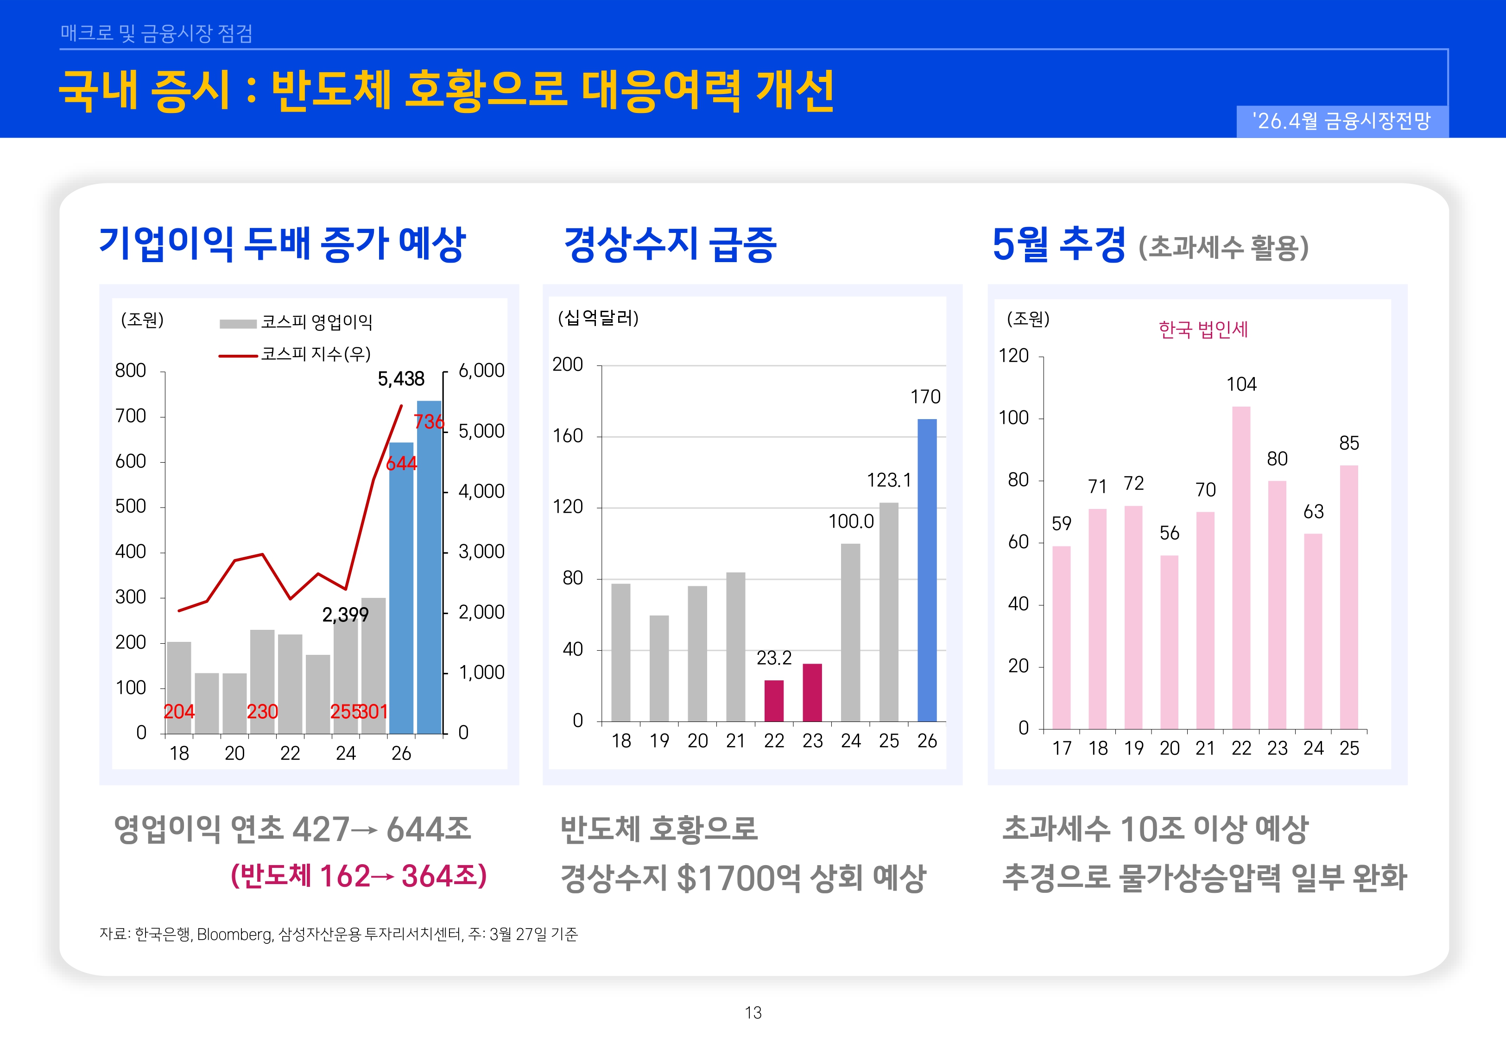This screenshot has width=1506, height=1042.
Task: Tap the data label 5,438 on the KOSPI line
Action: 401,379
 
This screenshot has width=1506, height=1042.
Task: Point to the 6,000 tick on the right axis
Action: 481,370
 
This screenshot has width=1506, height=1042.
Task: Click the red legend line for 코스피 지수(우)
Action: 238,356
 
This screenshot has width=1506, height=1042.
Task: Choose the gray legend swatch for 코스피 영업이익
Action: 238,324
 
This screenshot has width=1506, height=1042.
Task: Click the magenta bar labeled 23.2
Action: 774,701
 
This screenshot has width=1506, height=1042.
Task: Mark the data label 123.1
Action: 888,481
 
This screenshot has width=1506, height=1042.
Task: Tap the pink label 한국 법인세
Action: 1203,330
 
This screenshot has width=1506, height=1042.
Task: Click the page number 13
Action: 753,1013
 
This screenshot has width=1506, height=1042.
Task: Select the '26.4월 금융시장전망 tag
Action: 1341,121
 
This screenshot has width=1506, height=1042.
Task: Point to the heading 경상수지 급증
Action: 670,244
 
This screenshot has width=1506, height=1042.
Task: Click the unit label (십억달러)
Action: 598,318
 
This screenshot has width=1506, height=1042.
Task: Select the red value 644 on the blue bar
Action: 401,464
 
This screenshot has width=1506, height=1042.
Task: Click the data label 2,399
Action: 346,615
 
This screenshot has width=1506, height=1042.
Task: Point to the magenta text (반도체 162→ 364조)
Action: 359,876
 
